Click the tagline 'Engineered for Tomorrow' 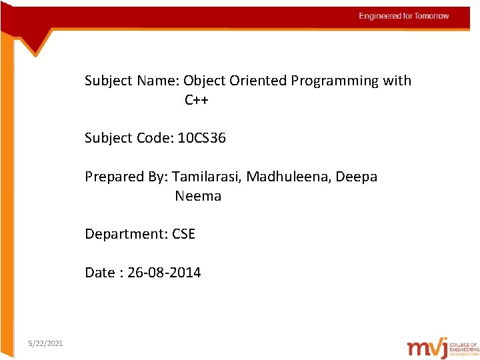404,16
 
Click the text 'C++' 197,100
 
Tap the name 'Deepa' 357,177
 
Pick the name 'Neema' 198,196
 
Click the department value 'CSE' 183,234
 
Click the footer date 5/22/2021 46,343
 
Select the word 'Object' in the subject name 204,81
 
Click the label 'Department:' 126,234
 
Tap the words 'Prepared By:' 126,177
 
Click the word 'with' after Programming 397,81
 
